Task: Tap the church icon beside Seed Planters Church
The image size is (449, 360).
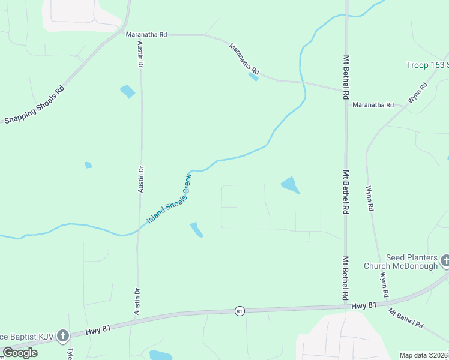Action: pyautogui.click(x=445, y=261)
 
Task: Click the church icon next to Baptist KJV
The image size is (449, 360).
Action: pyautogui.click(x=64, y=335)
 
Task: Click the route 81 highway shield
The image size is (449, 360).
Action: pyautogui.click(x=240, y=311)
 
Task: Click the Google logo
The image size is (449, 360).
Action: pyautogui.click(x=20, y=352)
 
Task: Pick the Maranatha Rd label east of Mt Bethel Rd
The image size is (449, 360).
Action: pyautogui.click(x=373, y=105)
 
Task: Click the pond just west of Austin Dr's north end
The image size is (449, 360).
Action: pyautogui.click(x=127, y=91)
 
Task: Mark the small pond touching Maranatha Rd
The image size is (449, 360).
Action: pyautogui.click(x=254, y=76)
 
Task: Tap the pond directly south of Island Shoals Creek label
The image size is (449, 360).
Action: pyautogui.click(x=196, y=229)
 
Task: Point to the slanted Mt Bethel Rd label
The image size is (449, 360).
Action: pyautogui.click(x=406, y=317)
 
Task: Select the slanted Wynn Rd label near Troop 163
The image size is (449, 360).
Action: pyautogui.click(x=418, y=94)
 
